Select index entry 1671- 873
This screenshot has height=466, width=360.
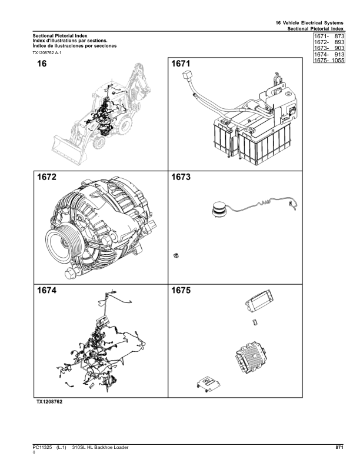[328, 36]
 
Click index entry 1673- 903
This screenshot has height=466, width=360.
[328, 48]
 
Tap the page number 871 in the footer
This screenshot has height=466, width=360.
[339, 448]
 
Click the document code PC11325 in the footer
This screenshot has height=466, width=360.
[43, 448]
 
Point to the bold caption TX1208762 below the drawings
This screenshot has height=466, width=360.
[49, 402]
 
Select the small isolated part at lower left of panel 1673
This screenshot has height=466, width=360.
[176, 255]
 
